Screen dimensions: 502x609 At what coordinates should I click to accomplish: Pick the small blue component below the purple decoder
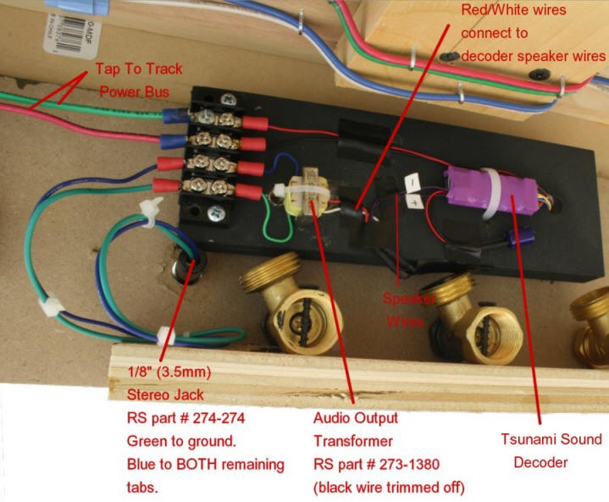click(x=512, y=240)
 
